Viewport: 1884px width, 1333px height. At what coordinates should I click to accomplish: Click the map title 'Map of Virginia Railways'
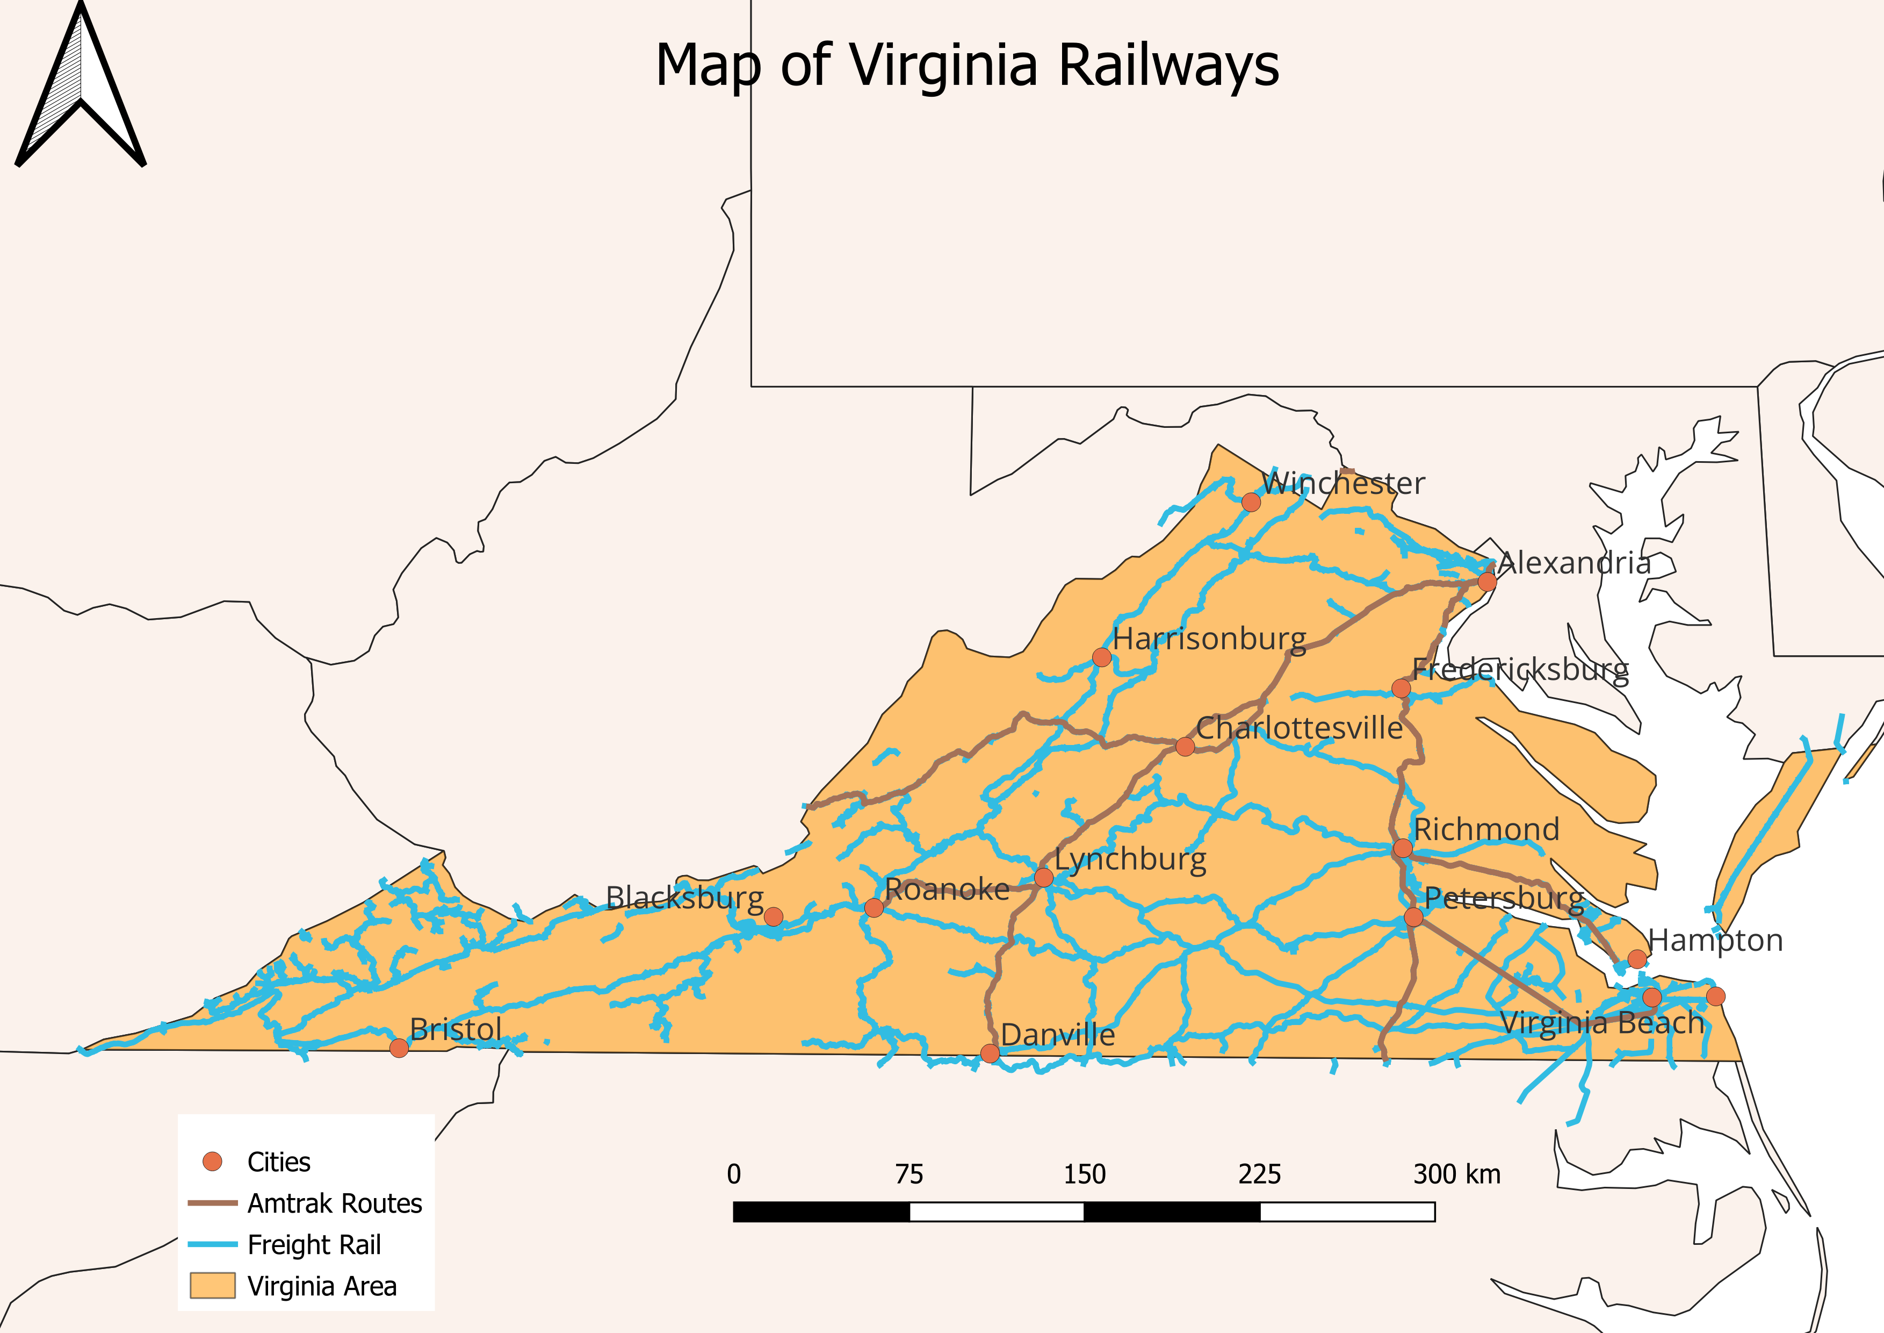[x=966, y=66]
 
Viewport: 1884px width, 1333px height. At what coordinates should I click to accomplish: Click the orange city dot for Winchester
[x=1251, y=501]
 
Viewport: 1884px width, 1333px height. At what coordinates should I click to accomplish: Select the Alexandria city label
[x=1574, y=563]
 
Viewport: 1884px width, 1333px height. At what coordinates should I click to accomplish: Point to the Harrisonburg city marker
[x=1101, y=657]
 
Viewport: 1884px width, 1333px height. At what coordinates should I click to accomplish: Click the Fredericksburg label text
[x=1520, y=670]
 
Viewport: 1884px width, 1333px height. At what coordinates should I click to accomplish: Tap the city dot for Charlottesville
[x=1184, y=746]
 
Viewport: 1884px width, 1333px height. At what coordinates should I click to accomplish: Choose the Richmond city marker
[x=1402, y=848]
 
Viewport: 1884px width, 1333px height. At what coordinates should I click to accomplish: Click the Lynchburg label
[x=1130, y=859]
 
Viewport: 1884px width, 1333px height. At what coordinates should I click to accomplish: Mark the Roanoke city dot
[x=874, y=907]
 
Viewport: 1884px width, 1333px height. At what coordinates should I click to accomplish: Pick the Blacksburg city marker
[x=773, y=916]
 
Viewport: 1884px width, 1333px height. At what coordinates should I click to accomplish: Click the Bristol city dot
[x=399, y=1048]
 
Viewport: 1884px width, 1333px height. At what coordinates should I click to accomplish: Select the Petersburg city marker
[x=1413, y=916]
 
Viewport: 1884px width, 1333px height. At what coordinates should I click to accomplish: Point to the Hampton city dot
[x=1636, y=958]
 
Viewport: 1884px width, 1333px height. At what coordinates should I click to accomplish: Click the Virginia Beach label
[x=1602, y=1023]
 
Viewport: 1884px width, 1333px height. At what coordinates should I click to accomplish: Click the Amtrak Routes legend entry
[x=334, y=1203]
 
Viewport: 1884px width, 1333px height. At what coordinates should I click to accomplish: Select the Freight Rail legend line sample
[x=213, y=1244]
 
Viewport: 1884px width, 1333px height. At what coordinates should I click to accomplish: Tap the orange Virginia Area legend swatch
[x=213, y=1285]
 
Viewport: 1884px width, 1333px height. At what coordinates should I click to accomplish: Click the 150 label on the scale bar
[x=1084, y=1174]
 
